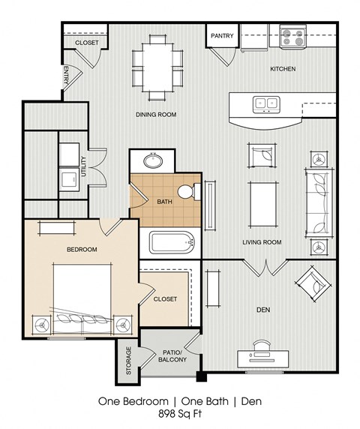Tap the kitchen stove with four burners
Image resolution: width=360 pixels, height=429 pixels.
tap(292, 37)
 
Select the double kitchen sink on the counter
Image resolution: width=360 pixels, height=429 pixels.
tap(265, 103)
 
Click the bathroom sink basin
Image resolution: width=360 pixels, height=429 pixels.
tap(155, 160)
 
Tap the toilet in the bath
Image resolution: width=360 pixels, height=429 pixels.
tap(192, 193)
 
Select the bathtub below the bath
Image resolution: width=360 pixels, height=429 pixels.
tap(172, 243)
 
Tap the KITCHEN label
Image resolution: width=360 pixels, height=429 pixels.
tap(283, 69)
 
